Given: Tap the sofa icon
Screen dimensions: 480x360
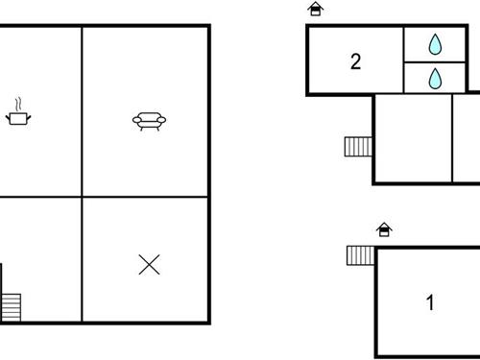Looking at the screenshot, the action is [x=149, y=121].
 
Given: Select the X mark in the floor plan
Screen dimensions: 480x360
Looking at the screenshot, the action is [x=149, y=264].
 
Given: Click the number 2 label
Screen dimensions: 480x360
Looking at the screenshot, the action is [x=355, y=62].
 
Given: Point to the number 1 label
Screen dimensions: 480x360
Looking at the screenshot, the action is [x=430, y=303].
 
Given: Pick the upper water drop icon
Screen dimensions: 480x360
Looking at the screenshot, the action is [x=435, y=44].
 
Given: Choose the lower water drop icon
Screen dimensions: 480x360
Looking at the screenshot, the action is [x=435, y=78].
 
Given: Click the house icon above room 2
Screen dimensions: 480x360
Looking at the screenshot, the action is [x=315, y=10].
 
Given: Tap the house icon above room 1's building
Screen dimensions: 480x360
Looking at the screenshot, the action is [x=384, y=229].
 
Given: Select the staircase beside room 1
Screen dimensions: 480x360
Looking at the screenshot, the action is [x=360, y=255].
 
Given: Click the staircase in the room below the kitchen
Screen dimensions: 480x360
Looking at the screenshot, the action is [x=12, y=306].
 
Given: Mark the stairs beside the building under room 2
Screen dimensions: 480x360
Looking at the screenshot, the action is [x=358, y=146].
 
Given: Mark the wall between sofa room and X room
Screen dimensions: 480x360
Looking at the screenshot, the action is [x=144, y=197].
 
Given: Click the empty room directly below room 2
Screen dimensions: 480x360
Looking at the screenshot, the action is [x=412, y=138].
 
